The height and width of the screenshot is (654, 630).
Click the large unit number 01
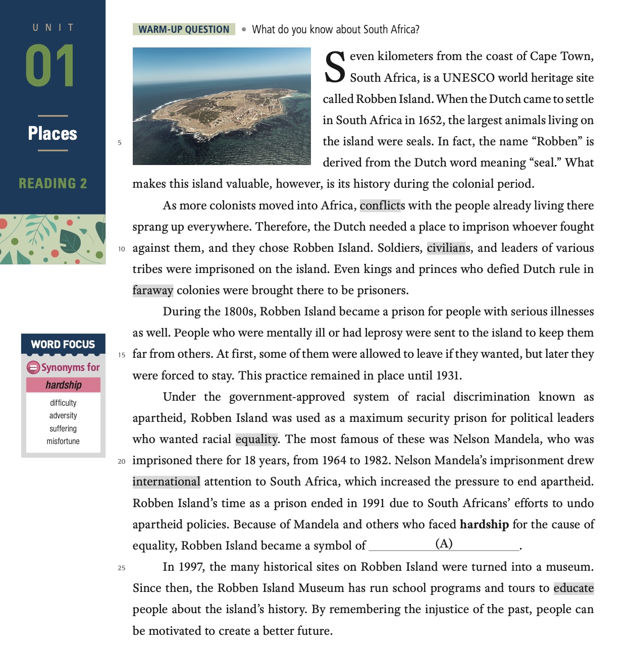(x=50, y=66)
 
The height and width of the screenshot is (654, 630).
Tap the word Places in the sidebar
(x=52, y=133)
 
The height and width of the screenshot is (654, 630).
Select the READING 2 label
(x=52, y=183)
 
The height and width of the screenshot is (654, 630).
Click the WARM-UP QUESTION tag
(x=184, y=29)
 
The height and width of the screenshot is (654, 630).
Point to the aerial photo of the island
(x=222, y=106)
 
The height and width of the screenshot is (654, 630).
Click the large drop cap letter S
(x=335, y=67)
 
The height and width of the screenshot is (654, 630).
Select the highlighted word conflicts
(x=382, y=205)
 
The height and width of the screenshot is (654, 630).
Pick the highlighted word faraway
(x=153, y=290)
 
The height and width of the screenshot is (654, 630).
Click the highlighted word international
(x=166, y=481)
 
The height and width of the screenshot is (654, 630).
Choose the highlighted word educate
(x=573, y=588)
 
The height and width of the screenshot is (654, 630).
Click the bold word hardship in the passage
(x=484, y=524)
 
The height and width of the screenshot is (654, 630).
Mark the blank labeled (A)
(x=444, y=544)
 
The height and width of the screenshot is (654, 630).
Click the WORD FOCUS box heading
(x=63, y=344)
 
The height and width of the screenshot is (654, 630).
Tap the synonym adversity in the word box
(x=63, y=415)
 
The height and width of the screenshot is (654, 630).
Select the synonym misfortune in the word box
(x=63, y=441)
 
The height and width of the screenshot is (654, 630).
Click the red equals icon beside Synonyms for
(x=33, y=367)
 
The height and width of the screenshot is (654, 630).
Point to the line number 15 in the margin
(x=122, y=355)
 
